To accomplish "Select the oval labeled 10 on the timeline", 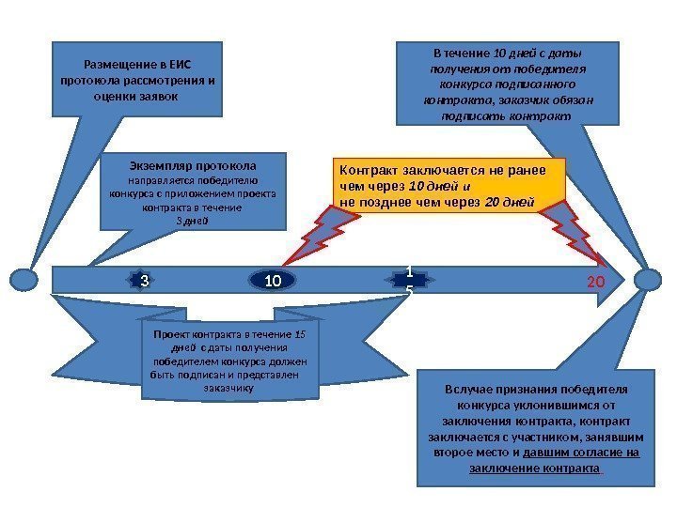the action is [274, 280].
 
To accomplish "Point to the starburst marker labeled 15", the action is [409, 280].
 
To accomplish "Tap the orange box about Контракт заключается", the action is [452, 185].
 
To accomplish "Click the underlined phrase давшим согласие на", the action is [581, 453].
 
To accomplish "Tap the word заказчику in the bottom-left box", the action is [228, 386].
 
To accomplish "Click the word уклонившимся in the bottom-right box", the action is [553, 407].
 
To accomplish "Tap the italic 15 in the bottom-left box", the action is [301, 333].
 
